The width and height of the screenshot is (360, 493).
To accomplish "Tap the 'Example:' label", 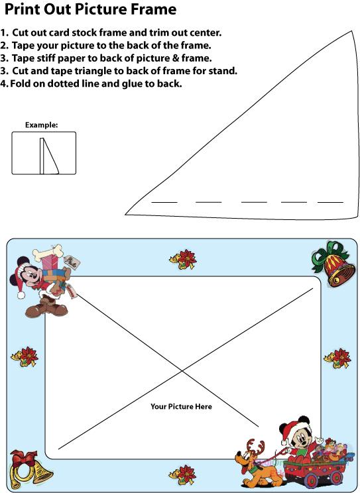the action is coord(42,125).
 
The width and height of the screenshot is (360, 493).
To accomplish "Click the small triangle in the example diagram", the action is coord(51,156).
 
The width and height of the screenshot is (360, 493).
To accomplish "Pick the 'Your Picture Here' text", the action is coord(181,407).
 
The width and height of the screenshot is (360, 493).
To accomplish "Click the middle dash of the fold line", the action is coord(254,202).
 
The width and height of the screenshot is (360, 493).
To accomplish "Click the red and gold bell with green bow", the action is coord(334,264).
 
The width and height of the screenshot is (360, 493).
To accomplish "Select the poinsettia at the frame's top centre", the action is coord(183,259).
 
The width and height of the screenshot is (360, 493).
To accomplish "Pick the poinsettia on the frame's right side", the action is coord(337,358).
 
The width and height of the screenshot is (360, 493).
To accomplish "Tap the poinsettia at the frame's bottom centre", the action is coord(182,474).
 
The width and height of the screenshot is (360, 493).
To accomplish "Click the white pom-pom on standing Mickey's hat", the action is coord(21,295).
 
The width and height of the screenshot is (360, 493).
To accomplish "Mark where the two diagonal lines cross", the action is coord(182,371).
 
